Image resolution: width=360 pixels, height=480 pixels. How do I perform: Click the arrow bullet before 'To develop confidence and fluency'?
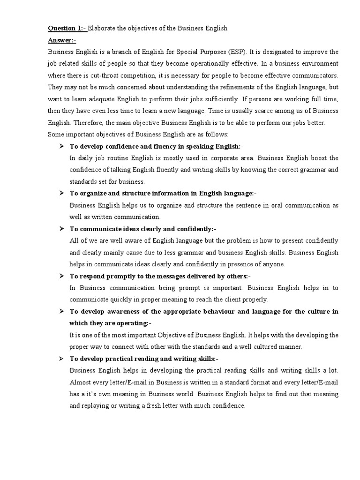click(61, 147)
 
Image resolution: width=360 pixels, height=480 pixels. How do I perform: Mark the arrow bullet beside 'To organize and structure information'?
click(61, 194)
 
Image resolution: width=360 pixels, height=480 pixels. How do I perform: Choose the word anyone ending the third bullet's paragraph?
click(273, 264)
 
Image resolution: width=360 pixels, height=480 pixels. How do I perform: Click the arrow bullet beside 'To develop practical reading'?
click(61, 359)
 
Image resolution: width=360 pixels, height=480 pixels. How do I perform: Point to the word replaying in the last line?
click(96, 406)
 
